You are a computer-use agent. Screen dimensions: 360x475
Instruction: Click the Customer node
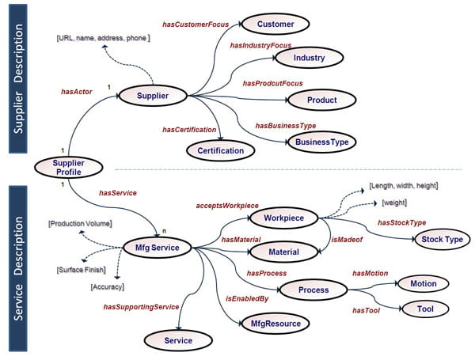click(x=275, y=25)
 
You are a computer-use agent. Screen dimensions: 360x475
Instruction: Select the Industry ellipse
click(x=308, y=59)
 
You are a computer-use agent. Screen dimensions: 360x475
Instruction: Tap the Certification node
click(x=221, y=150)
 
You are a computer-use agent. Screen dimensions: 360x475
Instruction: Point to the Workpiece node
click(x=283, y=217)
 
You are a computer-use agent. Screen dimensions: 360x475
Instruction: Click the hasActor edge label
click(x=77, y=92)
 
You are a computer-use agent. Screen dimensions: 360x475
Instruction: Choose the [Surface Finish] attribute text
click(x=82, y=270)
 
